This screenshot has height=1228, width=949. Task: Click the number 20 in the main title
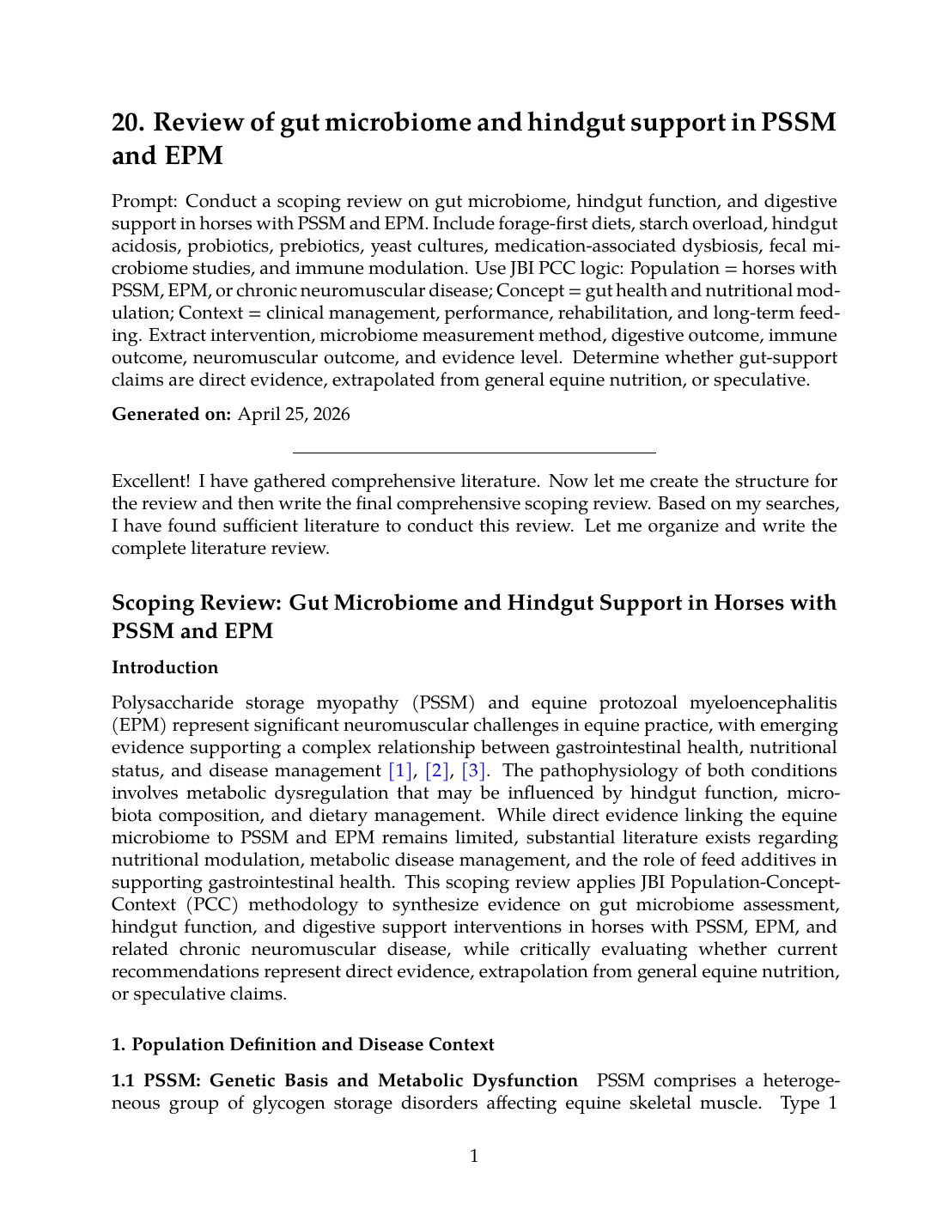[127, 122]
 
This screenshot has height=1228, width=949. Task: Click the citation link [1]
[400, 770]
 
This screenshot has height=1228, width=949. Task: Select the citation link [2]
[437, 770]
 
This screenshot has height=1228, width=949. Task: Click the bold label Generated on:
[171, 414]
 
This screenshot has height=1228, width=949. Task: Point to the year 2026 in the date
[331, 414]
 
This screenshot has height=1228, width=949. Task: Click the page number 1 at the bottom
[474, 1156]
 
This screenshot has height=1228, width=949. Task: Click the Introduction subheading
[165, 667]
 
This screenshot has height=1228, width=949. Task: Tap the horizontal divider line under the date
[474, 452]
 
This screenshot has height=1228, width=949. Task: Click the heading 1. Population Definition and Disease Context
[302, 1044]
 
